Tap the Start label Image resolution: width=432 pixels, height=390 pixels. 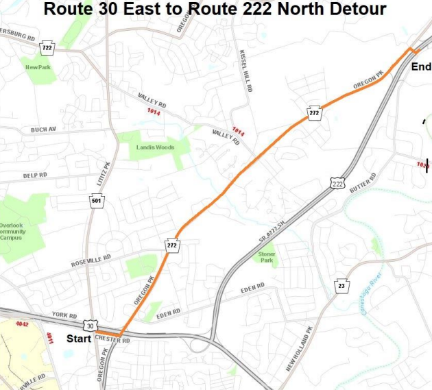79,338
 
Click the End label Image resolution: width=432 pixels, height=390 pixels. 420,66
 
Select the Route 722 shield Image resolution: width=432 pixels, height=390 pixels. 47,48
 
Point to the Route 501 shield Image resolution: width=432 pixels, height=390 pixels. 97,201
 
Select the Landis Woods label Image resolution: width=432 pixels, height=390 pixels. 156,147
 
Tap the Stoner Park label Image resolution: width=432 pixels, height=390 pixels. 267,257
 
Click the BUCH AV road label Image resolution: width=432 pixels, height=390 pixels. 43,130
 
